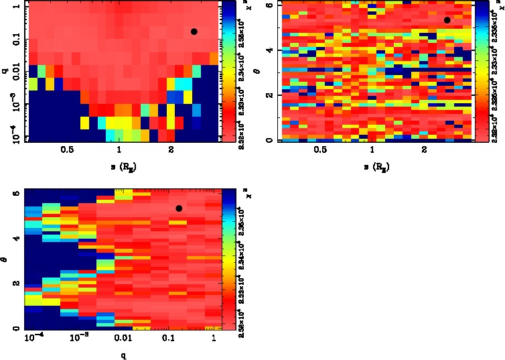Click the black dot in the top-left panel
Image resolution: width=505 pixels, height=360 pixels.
194,32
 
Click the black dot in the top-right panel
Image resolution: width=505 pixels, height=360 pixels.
447,20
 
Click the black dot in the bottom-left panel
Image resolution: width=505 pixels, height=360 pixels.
179,208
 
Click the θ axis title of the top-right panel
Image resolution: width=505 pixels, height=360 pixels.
266,69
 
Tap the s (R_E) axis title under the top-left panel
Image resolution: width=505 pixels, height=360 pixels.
119,167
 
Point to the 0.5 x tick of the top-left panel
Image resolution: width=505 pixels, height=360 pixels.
66,151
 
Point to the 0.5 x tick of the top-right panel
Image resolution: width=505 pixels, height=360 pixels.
319,151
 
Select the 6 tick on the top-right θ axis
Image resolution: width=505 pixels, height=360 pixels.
269,5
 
